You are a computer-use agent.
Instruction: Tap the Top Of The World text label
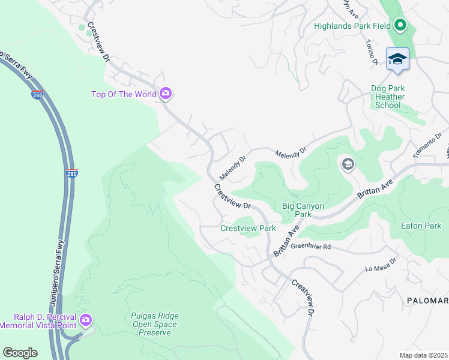coord(124,94)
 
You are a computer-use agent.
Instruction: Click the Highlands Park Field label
coord(353,26)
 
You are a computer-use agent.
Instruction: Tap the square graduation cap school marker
coord(397,59)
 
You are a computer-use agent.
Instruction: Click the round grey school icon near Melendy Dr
coord(348,164)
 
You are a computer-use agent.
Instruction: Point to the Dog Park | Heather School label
coord(387,97)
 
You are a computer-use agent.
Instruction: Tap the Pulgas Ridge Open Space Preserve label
coord(154,324)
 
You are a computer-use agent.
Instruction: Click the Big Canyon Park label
coord(303,210)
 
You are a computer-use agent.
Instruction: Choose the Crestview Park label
coord(248,228)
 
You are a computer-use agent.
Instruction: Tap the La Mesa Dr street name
coord(381,265)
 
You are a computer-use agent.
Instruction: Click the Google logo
coord(20,353)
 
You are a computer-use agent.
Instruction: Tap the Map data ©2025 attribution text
coord(423,355)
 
